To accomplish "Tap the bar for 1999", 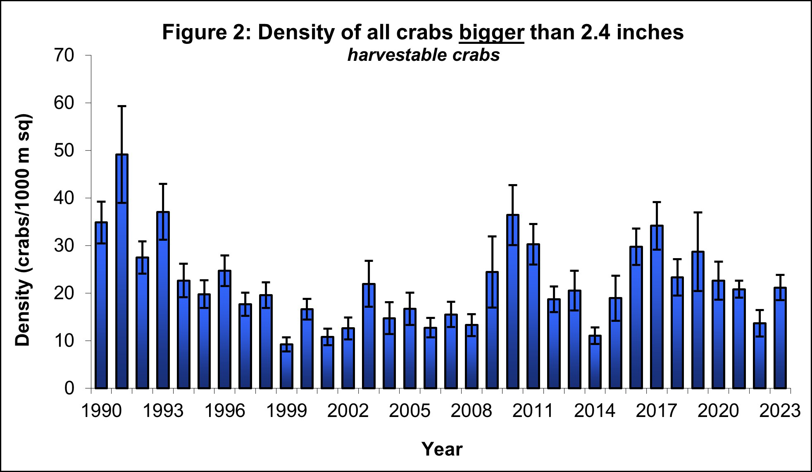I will click(286, 366).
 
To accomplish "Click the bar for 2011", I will click(533, 316).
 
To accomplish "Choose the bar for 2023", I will click(780, 338).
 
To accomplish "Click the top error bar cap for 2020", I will click(718, 261).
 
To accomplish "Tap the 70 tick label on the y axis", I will click(64, 55).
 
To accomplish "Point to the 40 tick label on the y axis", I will click(64, 198).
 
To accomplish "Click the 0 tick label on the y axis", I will click(69, 388).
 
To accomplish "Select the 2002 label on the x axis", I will click(348, 411).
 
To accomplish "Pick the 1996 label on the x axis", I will click(224, 411).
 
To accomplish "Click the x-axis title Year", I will click(442, 449).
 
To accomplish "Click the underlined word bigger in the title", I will click(491, 32).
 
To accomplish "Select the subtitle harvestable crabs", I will click(424, 55).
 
